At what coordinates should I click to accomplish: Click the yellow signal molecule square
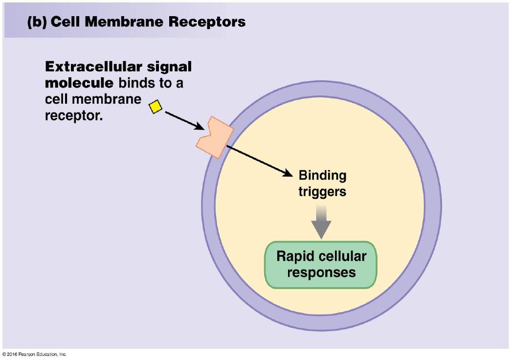click(x=155, y=106)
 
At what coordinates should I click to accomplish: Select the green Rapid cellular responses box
click(x=321, y=264)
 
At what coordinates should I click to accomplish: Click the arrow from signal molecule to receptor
click(x=184, y=120)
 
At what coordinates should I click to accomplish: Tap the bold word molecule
click(x=79, y=83)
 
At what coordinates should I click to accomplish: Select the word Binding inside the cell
click(x=322, y=175)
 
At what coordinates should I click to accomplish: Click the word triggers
click(x=322, y=191)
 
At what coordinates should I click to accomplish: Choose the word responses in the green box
click(x=321, y=272)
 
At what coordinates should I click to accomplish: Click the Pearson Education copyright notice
click(x=34, y=354)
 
